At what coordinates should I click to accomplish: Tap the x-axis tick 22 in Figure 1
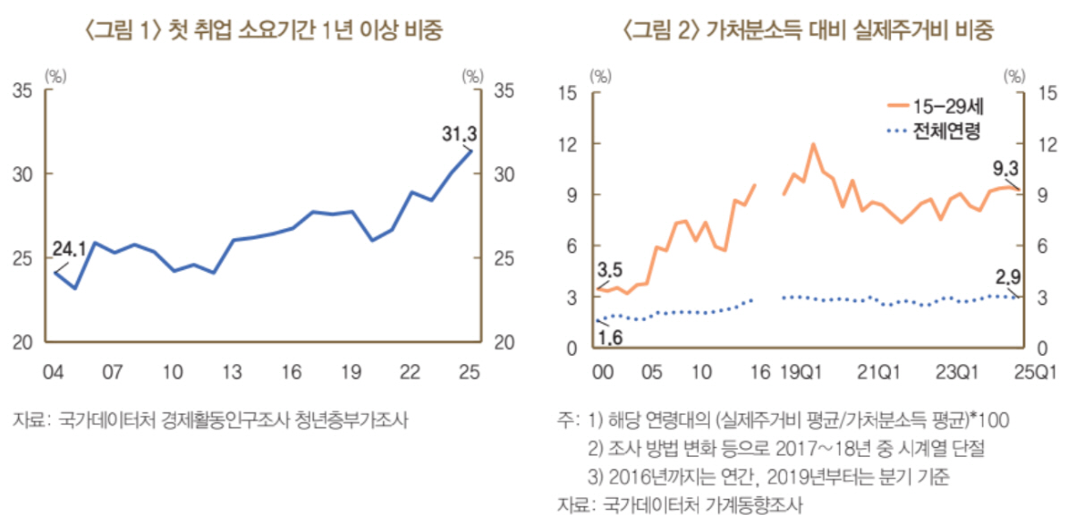pos(411,370)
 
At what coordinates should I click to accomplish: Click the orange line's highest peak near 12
pos(813,144)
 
